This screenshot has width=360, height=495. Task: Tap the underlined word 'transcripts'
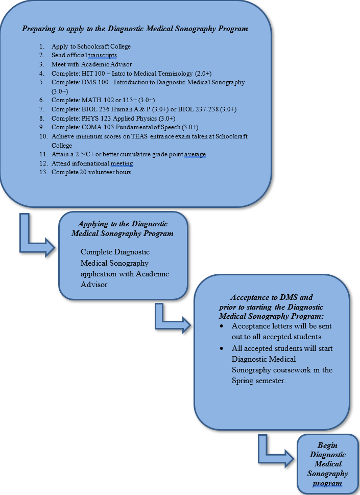(106, 55)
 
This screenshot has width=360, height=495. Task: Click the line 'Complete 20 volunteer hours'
(91, 172)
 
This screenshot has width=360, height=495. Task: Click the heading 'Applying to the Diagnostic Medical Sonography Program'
(122, 229)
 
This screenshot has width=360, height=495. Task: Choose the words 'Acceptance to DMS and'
(272, 297)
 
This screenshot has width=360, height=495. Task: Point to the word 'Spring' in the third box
(243, 381)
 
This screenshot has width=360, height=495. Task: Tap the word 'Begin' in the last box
(327, 445)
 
